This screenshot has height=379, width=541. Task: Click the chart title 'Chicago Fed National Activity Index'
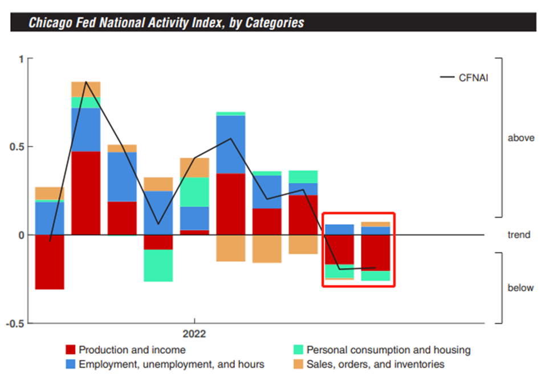[166, 23]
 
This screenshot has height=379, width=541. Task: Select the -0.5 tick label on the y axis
[16, 323]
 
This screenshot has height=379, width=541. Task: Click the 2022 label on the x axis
[194, 333]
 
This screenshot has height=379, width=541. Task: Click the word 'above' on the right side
[520, 138]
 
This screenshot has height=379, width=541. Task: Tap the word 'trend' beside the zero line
[519, 234]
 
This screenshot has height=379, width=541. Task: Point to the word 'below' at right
[520, 288]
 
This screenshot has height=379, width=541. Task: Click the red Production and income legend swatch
[70, 350]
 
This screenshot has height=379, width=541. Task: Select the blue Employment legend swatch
[70, 364]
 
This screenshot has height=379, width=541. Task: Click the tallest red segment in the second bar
[86, 193]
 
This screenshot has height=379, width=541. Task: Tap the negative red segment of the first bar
[50, 262]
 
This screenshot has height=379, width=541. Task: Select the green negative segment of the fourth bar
[158, 266]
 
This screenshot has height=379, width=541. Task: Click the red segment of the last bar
[376, 252]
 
